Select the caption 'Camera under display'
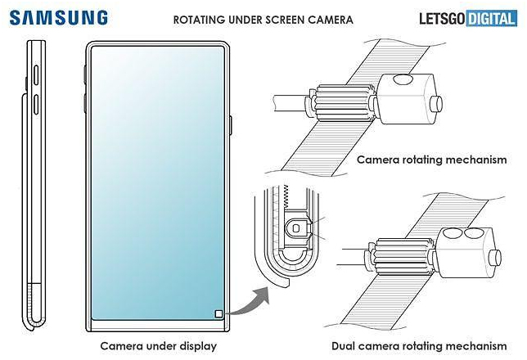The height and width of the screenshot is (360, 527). tap(159, 345)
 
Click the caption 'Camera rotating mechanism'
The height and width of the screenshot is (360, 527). tap(431, 160)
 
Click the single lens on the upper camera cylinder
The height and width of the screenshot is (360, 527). tap(402, 81)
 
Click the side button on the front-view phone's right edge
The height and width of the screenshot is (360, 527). tap(232, 126)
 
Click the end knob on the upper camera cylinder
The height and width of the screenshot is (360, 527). tap(438, 104)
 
